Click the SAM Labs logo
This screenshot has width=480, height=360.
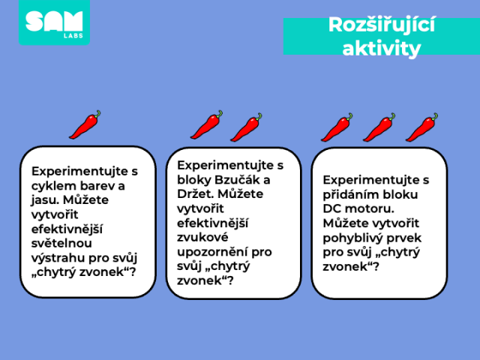pyautogui.click(x=54, y=22)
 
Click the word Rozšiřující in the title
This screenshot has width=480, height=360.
pyautogui.click(x=382, y=25)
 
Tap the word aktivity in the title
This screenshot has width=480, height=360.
pyautogui.click(x=382, y=48)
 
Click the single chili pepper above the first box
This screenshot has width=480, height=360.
pyautogui.click(x=85, y=124)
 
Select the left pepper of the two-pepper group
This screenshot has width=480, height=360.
pyautogui.click(x=207, y=125)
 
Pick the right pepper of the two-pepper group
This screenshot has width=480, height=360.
pyautogui.click(x=246, y=127)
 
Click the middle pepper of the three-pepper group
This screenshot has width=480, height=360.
pyautogui.click(x=379, y=127)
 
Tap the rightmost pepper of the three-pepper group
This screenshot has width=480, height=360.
pyautogui.click(x=421, y=127)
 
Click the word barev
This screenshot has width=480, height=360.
pyautogui.click(x=96, y=186)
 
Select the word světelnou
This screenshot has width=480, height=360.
pyautogui.click(x=61, y=243)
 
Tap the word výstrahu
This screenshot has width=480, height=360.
pyautogui.click(x=58, y=258)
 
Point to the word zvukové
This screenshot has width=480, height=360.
pyautogui.click(x=202, y=237)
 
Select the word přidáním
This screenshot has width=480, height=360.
pyautogui.click(x=344, y=194)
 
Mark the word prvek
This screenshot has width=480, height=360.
pyautogui.click(x=403, y=238)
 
